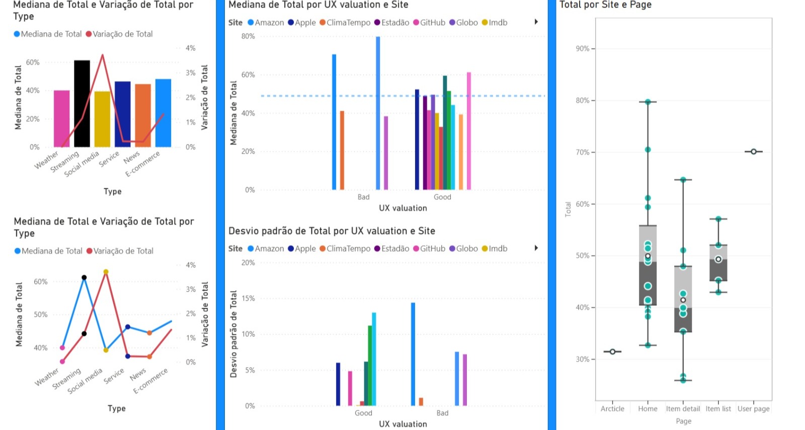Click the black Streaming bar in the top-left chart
click(82, 104)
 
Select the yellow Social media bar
click(103, 119)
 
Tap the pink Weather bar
click(62, 119)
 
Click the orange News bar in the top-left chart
click(143, 115)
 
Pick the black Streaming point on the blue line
click(84, 277)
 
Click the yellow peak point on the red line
click(106, 272)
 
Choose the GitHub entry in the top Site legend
click(429, 23)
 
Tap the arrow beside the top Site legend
click(536, 22)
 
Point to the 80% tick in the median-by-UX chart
click(248, 36)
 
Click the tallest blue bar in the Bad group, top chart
click(378, 113)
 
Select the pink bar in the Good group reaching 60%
click(468, 131)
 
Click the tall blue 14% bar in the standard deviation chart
click(413, 354)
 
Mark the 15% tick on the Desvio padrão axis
click(248, 299)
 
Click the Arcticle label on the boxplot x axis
click(612, 409)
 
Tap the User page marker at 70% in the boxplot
click(754, 152)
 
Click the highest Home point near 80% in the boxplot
click(648, 102)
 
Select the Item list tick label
click(718, 409)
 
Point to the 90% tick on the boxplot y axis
click(583, 49)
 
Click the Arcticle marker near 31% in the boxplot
click(613, 351)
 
